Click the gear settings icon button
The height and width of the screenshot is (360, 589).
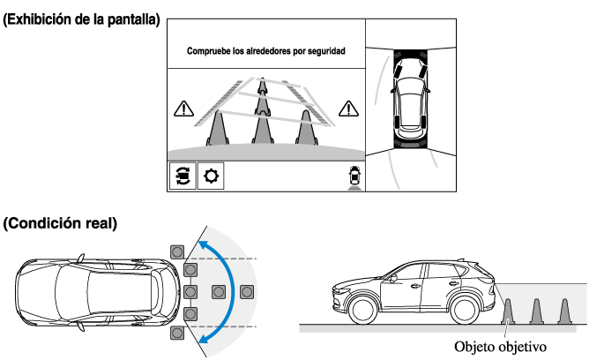point(211,176)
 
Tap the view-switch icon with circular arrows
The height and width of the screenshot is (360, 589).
point(183,176)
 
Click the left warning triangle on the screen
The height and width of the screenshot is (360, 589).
point(183,109)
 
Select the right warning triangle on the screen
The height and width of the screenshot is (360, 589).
point(348,109)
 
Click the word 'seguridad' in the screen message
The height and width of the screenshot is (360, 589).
point(326,50)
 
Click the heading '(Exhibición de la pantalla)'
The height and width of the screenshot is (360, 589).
point(81,19)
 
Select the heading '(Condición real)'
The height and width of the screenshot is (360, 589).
point(60,223)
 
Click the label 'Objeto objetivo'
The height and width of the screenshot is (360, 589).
point(500,347)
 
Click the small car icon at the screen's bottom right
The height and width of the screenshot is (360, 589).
point(354,177)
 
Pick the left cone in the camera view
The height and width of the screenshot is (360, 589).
point(218,128)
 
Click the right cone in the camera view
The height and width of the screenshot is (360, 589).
point(307,128)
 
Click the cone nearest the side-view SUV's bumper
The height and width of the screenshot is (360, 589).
point(508,311)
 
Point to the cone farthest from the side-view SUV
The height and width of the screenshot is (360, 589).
point(564,311)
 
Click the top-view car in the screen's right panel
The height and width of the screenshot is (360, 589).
point(411,99)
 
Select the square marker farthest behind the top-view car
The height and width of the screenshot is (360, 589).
point(247,292)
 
